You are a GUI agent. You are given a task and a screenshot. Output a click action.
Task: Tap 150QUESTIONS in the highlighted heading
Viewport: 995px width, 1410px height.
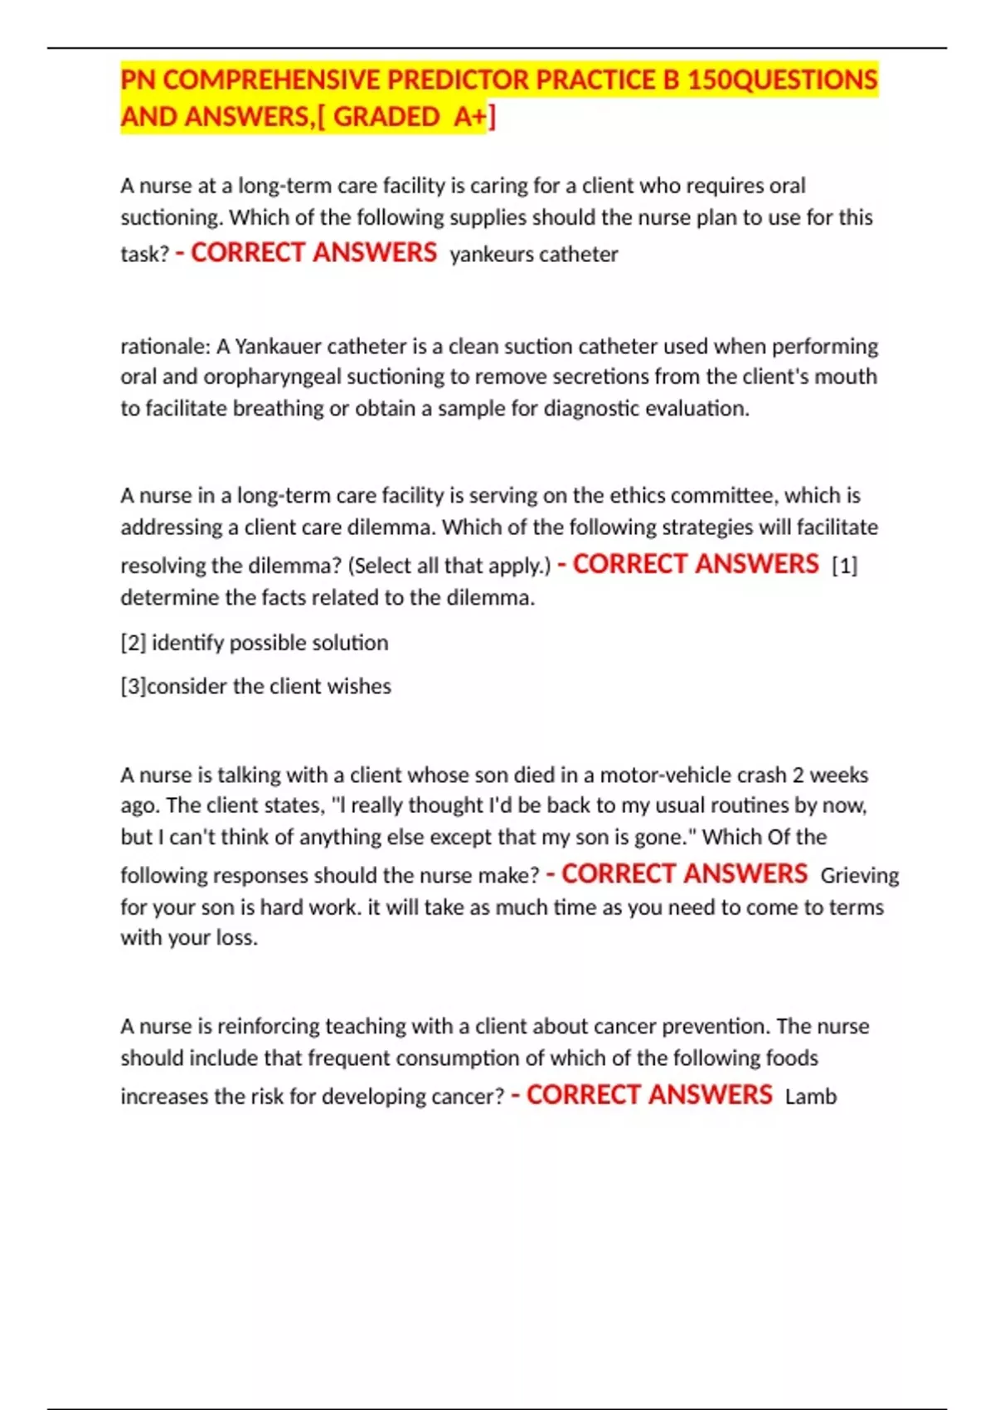(782, 80)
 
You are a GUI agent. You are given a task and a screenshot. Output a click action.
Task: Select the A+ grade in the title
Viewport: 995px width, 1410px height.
(470, 117)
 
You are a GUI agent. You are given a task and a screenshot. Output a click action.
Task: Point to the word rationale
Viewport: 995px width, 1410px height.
(165, 346)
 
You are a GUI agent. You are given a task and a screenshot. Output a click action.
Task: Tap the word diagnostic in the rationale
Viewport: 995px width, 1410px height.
(590, 409)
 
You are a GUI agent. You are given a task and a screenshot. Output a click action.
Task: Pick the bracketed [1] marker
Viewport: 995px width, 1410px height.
(844, 566)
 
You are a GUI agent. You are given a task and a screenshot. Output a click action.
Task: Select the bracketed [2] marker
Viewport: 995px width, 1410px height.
(133, 644)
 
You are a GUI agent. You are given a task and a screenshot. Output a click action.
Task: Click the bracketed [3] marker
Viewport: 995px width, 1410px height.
(133, 687)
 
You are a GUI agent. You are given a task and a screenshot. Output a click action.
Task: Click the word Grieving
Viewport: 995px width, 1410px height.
(859, 876)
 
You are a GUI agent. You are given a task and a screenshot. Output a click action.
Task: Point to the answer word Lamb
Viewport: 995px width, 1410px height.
(810, 1097)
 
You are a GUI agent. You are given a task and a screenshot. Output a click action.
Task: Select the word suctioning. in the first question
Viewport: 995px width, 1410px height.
(172, 218)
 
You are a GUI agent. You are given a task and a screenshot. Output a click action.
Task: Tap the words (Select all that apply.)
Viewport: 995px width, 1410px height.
(449, 566)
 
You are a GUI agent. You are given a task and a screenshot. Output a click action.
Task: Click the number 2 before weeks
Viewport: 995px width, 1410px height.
(798, 775)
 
